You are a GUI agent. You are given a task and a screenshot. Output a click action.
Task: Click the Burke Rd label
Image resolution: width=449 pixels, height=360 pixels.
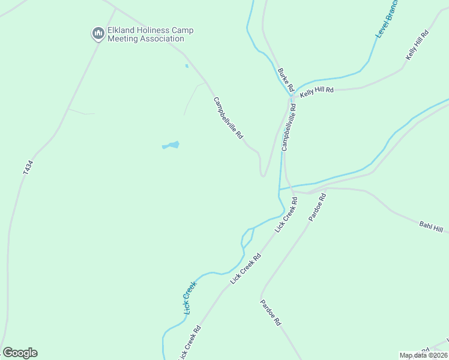click(285, 79)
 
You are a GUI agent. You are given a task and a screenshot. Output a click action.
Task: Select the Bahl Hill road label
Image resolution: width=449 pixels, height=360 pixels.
click(430, 227)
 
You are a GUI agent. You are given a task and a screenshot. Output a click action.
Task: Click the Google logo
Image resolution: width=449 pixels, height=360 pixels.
click(20, 353)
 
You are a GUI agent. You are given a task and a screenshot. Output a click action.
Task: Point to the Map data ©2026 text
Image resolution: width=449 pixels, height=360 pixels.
click(423, 355)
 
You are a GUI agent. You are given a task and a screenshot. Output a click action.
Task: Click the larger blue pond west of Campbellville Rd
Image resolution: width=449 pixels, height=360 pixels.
click(172, 145)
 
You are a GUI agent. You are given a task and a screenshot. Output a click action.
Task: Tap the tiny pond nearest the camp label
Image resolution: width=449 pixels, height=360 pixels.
click(187, 65)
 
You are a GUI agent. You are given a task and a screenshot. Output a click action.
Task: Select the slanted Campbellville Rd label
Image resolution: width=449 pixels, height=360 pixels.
click(228, 118)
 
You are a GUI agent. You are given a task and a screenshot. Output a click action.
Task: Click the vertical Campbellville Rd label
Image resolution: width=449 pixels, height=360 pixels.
click(289, 127)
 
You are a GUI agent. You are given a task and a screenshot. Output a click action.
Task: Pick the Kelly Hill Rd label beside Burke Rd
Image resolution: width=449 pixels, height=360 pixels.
click(316, 91)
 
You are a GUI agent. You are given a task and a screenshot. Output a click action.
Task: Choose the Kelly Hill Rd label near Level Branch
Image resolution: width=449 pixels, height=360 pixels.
click(418, 44)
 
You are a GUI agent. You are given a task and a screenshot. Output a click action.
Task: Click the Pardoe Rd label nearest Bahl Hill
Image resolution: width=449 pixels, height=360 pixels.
click(317, 207)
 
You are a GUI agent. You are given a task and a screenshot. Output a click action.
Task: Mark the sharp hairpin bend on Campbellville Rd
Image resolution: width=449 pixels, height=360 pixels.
click(262, 175)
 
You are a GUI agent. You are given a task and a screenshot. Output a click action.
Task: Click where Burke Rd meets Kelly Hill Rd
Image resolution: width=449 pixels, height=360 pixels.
click(292, 94)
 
